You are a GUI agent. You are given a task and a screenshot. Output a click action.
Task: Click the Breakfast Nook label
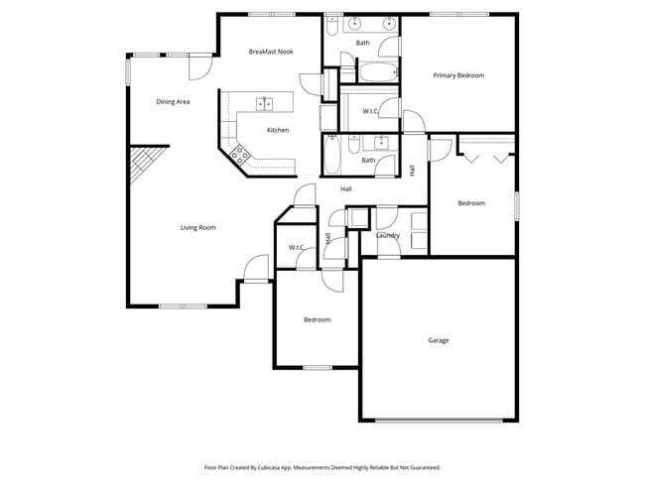(271, 52)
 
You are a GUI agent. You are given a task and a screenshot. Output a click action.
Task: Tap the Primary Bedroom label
(458, 75)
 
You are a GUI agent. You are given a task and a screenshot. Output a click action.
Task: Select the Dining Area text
(173, 101)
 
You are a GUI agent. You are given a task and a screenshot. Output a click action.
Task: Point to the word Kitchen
(278, 130)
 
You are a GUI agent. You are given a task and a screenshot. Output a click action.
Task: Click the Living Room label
(198, 228)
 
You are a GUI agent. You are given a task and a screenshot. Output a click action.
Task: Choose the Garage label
(439, 340)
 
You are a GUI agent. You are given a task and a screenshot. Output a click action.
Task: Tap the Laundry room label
(388, 236)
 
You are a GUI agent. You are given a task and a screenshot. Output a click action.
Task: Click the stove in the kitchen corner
(239, 153)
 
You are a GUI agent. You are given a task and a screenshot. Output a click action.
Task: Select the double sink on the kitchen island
(265, 103)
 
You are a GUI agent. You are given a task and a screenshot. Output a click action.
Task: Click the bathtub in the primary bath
(375, 71)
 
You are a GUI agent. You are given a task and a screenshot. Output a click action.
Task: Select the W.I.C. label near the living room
(296, 247)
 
